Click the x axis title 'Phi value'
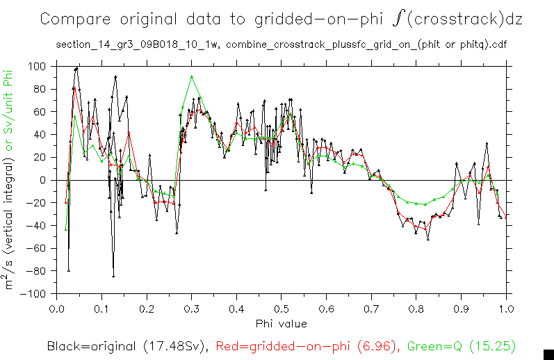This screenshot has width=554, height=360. pyautogui.click(x=282, y=323)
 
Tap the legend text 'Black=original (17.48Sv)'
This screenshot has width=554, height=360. pyautogui.click(x=129, y=345)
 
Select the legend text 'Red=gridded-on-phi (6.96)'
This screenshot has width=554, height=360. pyautogui.click(x=307, y=345)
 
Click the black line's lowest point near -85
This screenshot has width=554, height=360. pyautogui.click(x=113, y=276)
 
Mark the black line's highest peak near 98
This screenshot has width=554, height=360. pyautogui.click(x=77, y=68)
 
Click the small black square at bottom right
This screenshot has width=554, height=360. pyautogui.click(x=548, y=354)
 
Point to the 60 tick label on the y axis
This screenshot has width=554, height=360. pyautogui.click(x=41, y=112)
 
